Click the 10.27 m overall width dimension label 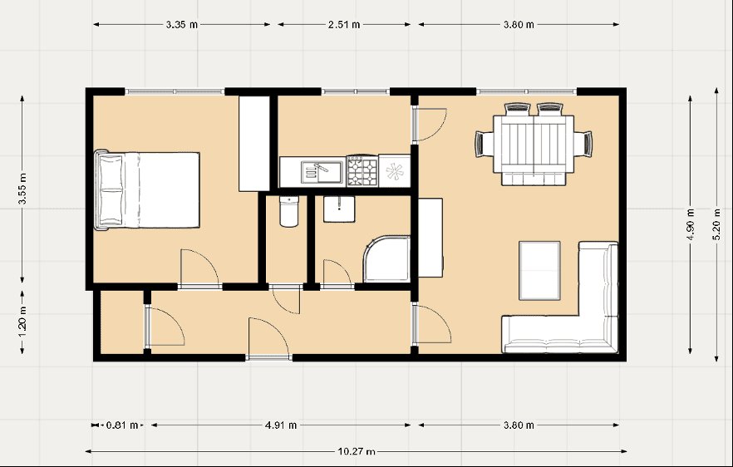(x=357, y=451)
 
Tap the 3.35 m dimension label (x=182, y=25)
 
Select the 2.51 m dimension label (x=344, y=25)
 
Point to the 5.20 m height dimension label (x=716, y=225)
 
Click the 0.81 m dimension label (x=122, y=425)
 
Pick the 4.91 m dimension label (x=281, y=425)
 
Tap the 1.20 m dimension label (x=22, y=323)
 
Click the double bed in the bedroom (x=147, y=190)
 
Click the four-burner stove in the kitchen (x=362, y=171)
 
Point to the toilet (x=289, y=211)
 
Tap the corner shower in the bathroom (x=387, y=259)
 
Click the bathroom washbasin (x=339, y=209)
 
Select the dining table (x=534, y=145)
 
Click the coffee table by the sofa (x=539, y=271)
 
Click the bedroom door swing (x=199, y=268)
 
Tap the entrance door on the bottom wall (x=268, y=337)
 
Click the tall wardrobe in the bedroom (x=254, y=144)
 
